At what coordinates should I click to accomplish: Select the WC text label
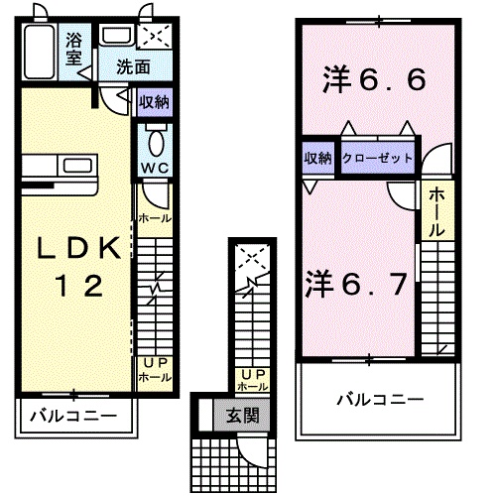(x=154, y=168)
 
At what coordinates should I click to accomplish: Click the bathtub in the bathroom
(x=40, y=50)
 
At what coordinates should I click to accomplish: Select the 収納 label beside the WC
(x=154, y=100)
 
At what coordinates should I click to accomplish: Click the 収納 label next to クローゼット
(x=317, y=158)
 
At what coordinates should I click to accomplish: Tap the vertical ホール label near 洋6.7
(x=437, y=213)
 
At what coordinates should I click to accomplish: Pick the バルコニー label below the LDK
(x=71, y=414)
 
